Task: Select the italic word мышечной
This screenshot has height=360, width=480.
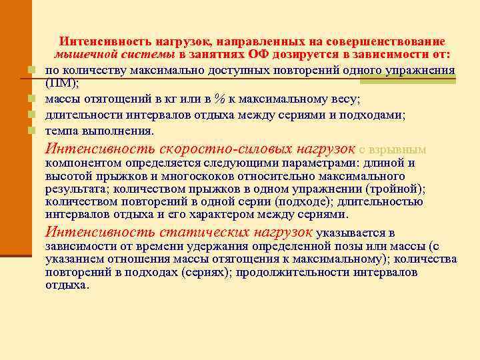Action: pos(80,54)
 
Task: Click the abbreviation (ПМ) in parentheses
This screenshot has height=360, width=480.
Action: pos(61,83)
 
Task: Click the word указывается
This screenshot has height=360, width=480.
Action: pos(351,233)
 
